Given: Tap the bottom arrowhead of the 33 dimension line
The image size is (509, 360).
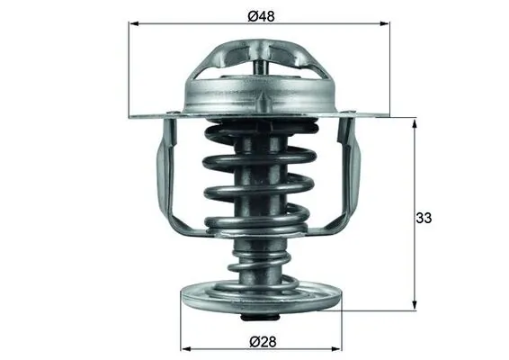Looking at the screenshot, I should click(x=415, y=307).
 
